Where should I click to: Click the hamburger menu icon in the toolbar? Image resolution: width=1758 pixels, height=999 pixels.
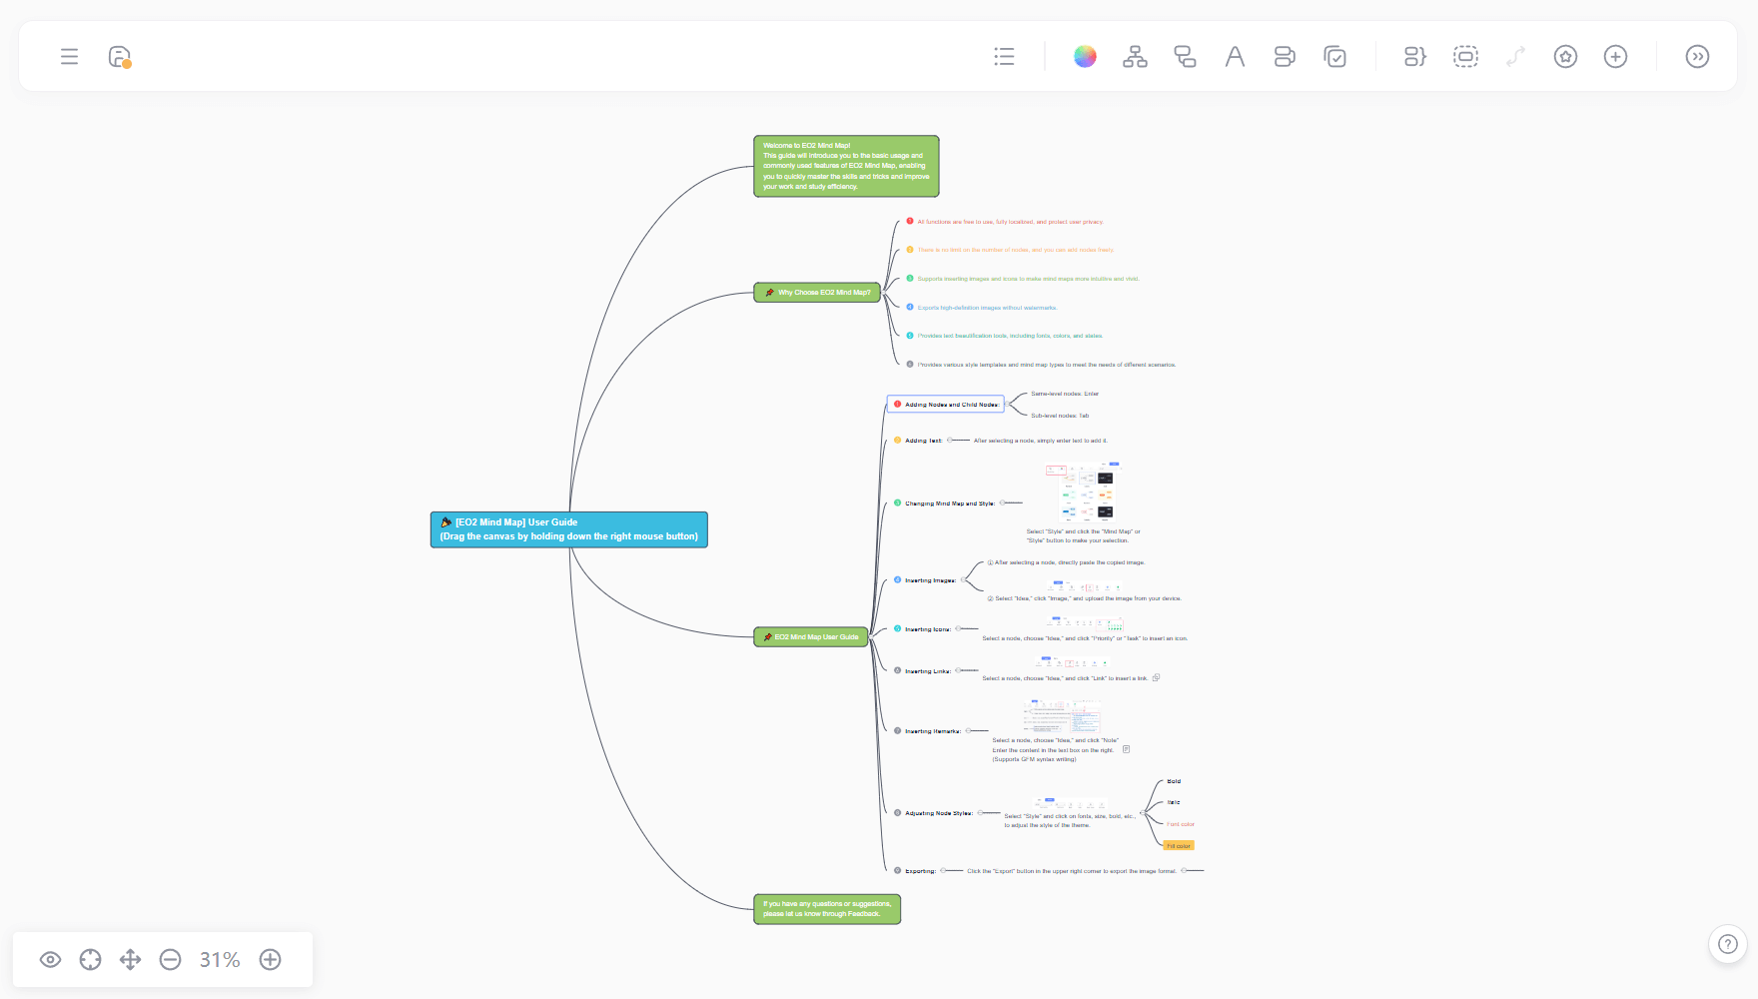pyautogui.click(x=69, y=57)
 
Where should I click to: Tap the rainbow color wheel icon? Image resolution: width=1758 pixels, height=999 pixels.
pyautogui.click(x=1085, y=57)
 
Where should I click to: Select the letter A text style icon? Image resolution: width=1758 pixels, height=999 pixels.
pyautogui.click(x=1235, y=57)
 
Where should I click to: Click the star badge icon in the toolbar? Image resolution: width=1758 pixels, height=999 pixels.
pyautogui.click(x=1565, y=57)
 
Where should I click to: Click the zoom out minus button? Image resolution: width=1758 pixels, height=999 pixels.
pyautogui.click(x=171, y=960)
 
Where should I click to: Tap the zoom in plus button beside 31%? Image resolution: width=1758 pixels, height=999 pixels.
pyautogui.click(x=270, y=960)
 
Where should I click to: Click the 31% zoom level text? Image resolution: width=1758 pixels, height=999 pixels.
pyautogui.click(x=220, y=960)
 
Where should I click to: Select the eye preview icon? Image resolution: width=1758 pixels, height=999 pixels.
pyautogui.click(x=50, y=960)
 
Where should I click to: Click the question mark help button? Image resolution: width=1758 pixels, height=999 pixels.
pyautogui.click(x=1727, y=944)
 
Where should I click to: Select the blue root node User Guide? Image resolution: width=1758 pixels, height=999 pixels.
pyautogui.click(x=568, y=529)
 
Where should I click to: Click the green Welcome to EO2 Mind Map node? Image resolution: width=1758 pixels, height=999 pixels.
pyautogui.click(x=845, y=166)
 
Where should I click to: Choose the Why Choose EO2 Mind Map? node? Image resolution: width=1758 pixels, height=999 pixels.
pyautogui.click(x=817, y=293)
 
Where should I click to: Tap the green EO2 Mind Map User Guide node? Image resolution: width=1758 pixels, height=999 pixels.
pyautogui.click(x=810, y=637)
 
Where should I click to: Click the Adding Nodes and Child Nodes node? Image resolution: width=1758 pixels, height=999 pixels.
pyautogui.click(x=946, y=405)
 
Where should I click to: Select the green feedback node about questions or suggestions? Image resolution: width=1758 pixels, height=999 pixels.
pyautogui.click(x=826, y=909)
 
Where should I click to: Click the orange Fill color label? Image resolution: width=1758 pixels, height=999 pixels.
pyautogui.click(x=1179, y=846)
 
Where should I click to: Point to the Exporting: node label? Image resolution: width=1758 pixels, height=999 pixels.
pyautogui.click(x=920, y=871)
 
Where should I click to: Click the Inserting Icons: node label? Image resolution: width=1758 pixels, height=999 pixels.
pyautogui.click(x=927, y=629)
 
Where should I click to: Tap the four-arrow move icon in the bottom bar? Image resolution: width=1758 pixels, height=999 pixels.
pyautogui.click(x=130, y=960)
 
